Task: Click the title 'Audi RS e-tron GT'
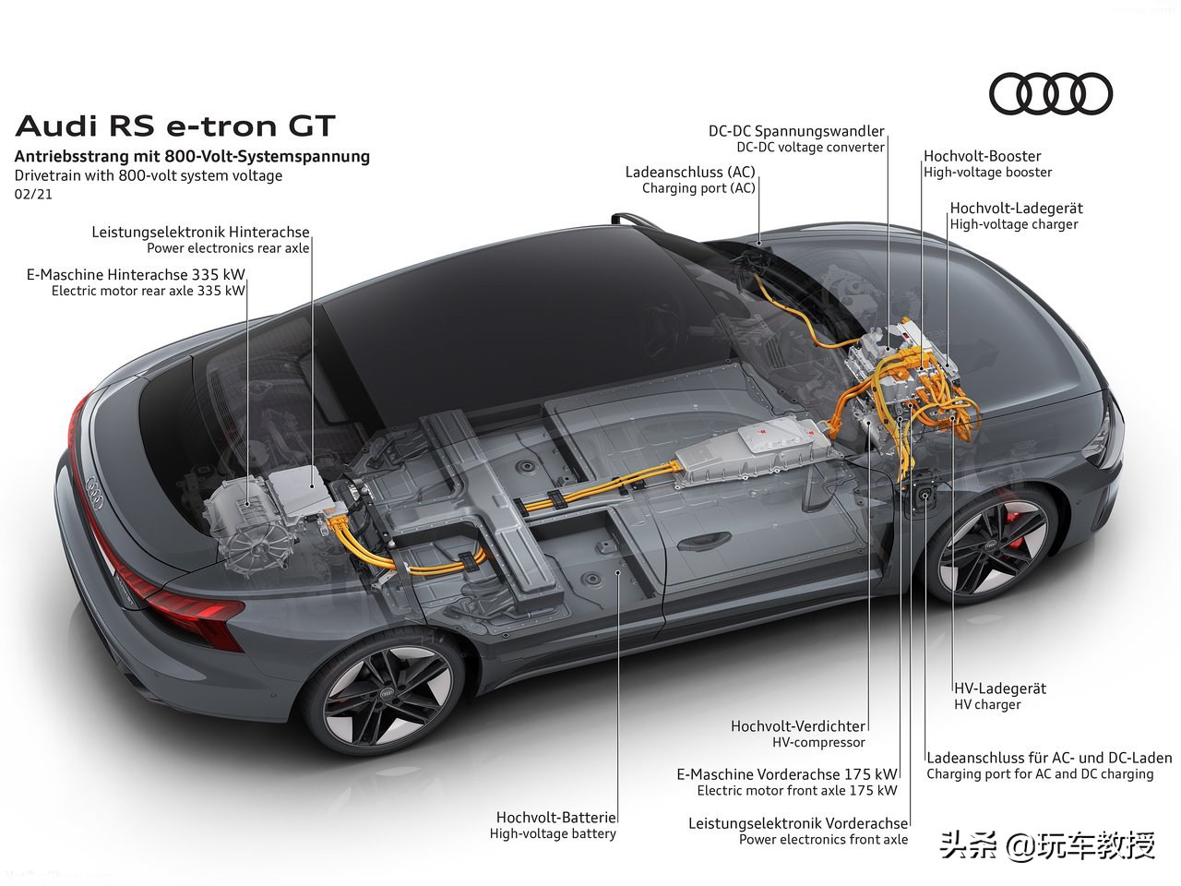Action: click(175, 126)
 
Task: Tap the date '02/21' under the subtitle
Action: click(33, 194)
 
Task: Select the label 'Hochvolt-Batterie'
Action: click(555, 818)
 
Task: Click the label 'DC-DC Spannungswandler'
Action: click(795, 131)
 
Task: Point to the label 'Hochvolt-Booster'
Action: click(982, 156)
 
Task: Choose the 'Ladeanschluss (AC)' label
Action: click(690, 173)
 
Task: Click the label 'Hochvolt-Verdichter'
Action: click(798, 726)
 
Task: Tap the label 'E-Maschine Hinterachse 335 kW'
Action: click(136, 274)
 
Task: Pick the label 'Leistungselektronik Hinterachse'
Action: click(200, 232)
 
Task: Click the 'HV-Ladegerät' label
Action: click(999, 688)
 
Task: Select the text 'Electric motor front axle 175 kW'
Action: click(797, 791)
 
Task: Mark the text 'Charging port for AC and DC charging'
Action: click(1040, 774)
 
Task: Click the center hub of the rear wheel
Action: click(388, 694)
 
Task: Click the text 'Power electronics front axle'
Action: click(823, 840)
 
